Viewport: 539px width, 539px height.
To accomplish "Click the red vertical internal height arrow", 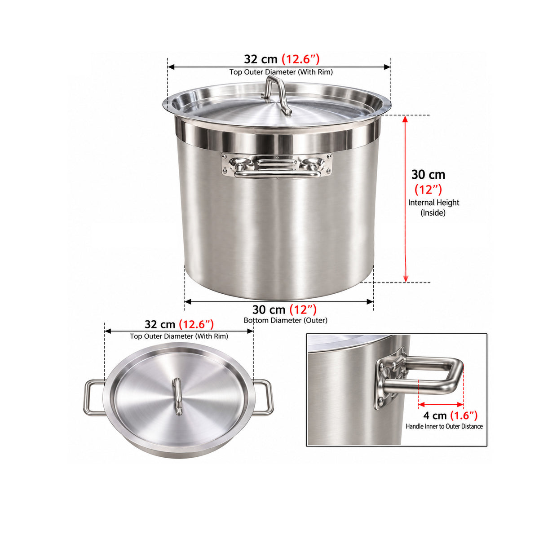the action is point(405,199).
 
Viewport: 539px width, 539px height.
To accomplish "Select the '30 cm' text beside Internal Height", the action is point(428,175).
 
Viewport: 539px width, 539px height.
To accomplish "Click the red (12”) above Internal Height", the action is point(428,190).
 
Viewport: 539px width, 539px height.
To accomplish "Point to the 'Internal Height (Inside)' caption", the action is point(433,208).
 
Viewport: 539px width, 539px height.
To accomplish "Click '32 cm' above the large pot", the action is point(261,59).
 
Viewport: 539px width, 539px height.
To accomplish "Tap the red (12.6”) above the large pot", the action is point(300,59).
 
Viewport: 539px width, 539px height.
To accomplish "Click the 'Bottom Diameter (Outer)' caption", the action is point(285,320).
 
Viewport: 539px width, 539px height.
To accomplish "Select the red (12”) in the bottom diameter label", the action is point(303,309).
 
